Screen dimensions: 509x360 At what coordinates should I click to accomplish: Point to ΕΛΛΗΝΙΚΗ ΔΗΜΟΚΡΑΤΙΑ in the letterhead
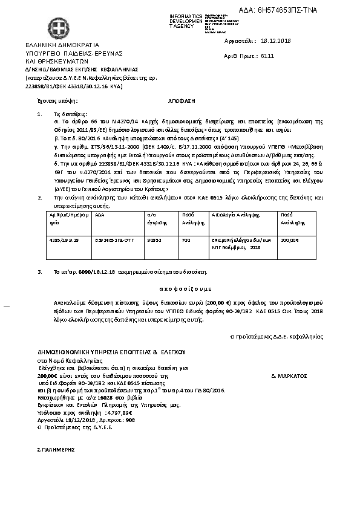click(x=58, y=45)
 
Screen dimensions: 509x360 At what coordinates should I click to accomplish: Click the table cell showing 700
click(x=187, y=239)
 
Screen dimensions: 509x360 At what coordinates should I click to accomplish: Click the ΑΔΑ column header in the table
click(x=100, y=215)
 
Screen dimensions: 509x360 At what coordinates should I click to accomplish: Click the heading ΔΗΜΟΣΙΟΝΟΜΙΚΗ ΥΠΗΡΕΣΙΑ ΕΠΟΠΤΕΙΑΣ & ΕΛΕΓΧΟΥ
click(x=111, y=351)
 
